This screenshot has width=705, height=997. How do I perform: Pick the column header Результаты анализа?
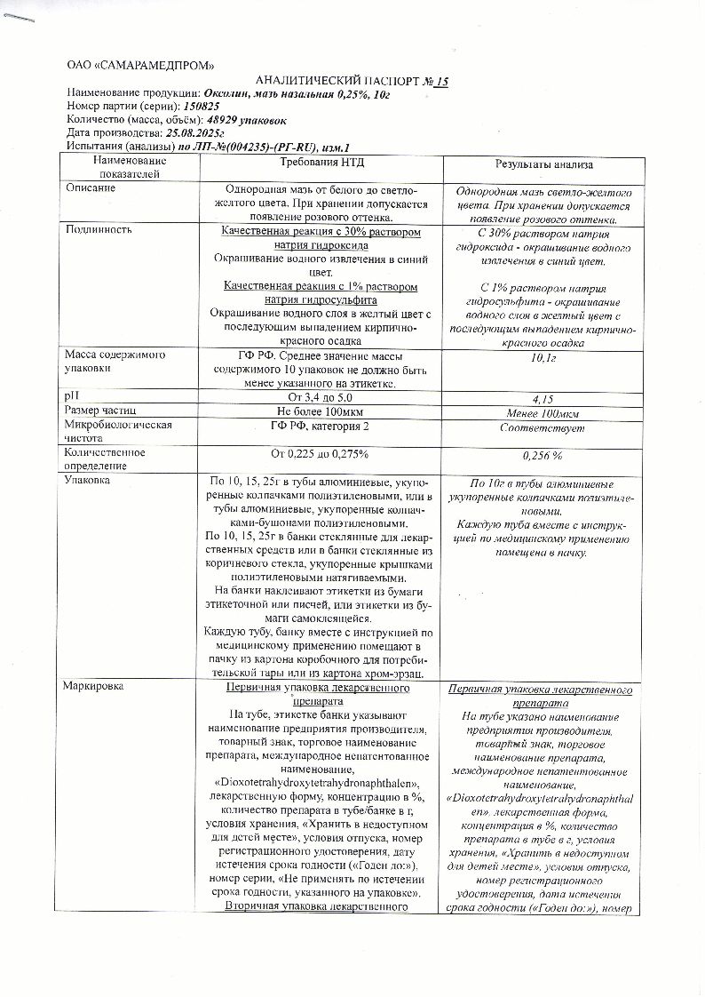point(543,165)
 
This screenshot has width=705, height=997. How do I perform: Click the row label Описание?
point(91,188)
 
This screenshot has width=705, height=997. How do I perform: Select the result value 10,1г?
point(543,358)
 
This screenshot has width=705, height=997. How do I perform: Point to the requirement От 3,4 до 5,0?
point(321,396)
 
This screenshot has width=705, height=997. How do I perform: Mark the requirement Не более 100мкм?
point(321,411)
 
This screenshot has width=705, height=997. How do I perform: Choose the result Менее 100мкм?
point(543,414)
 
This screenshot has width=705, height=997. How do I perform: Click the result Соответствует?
point(543,428)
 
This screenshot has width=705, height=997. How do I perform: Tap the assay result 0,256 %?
point(543,456)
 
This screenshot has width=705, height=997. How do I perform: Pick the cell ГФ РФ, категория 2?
point(321,427)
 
